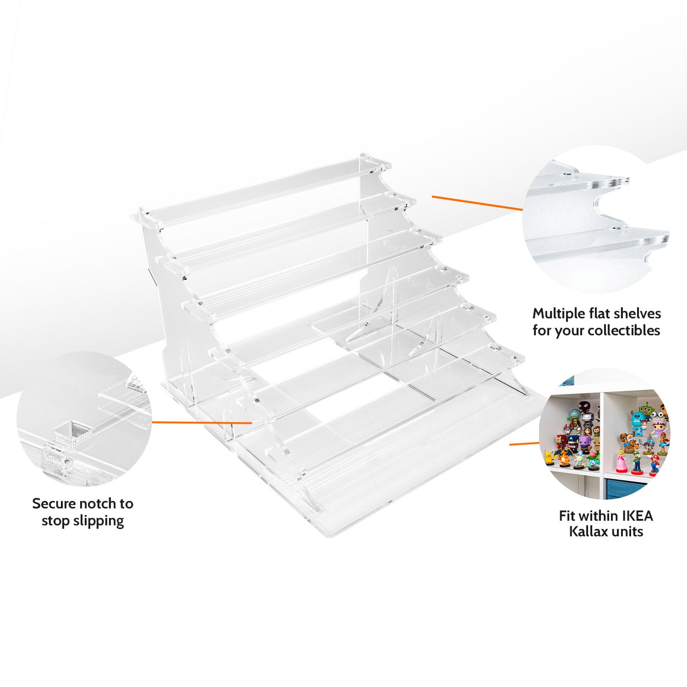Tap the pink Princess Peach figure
coord(621,461)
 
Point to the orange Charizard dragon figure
coord(562,456)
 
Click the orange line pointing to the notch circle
coord(202,422)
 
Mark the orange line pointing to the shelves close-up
coord(477,203)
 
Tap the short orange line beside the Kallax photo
coord(524,444)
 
